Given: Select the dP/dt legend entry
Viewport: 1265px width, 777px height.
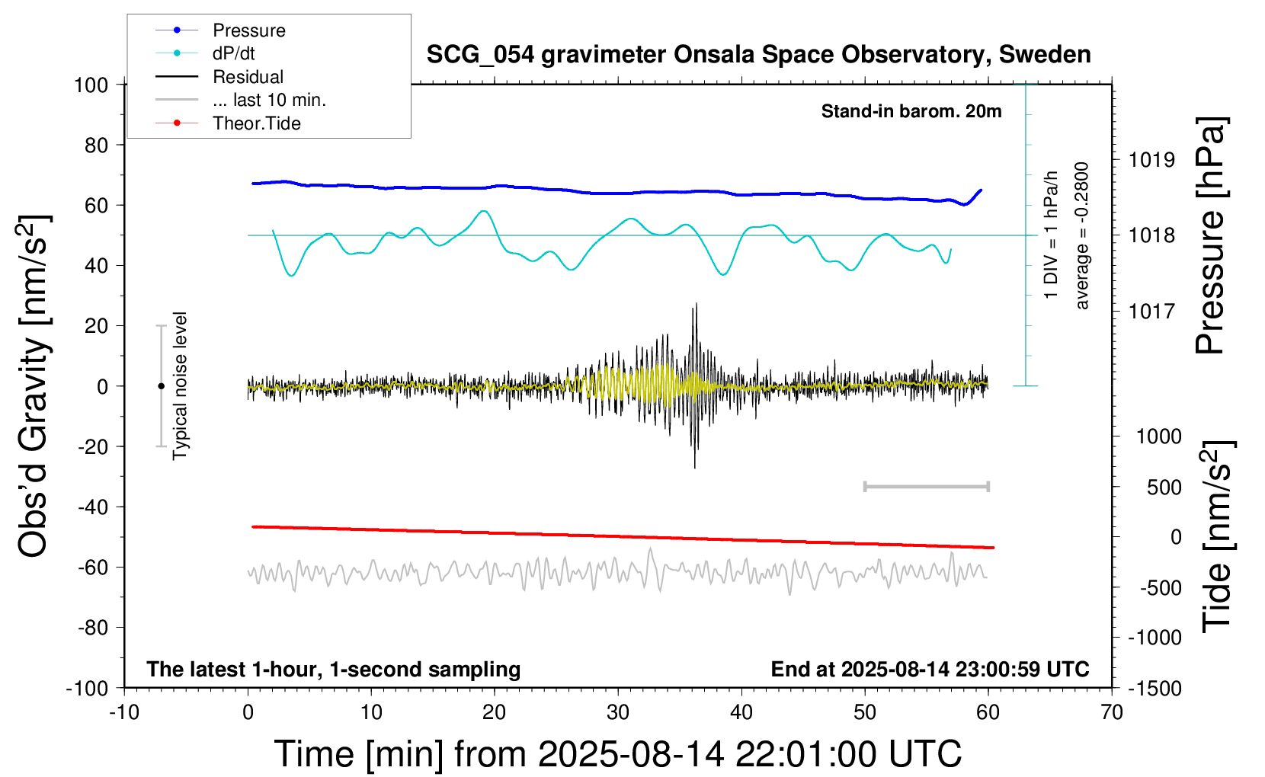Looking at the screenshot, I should [233, 53].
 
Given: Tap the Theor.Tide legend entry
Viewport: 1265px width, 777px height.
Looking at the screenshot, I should [256, 123].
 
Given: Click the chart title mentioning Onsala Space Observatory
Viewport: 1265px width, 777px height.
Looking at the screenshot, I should [758, 55].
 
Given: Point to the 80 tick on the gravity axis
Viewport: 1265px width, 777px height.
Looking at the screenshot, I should [96, 145].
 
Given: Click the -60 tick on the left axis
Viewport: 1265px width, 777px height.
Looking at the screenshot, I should [92, 567].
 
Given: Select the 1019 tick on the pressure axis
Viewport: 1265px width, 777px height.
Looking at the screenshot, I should [1151, 160].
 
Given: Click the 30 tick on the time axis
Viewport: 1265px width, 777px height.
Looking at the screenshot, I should [618, 713].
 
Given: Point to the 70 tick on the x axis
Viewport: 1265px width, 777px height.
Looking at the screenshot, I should [1112, 713].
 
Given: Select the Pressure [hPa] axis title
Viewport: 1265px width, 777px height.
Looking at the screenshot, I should [1210, 236].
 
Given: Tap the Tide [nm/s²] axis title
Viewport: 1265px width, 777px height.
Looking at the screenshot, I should [1216, 536].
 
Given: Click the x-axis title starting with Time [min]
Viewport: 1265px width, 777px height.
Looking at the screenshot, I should [617, 754].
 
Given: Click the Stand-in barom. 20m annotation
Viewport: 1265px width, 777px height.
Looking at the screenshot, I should [911, 111].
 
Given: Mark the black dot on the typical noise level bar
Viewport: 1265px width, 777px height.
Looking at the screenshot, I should [161, 386].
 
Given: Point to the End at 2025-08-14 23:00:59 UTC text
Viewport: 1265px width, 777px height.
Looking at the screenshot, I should [930, 669].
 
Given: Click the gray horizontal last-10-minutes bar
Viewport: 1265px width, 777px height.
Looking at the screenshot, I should [926, 486].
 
